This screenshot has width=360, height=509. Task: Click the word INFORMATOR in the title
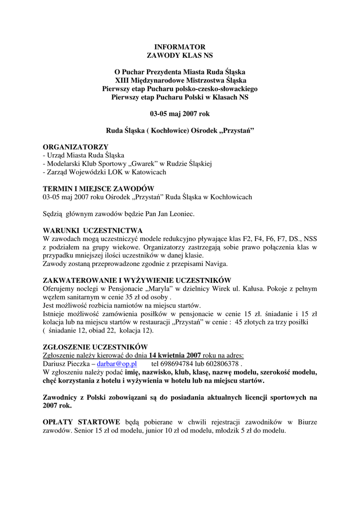click(180, 46)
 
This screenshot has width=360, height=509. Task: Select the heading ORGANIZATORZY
click(76, 148)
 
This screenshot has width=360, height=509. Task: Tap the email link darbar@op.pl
click(117, 363)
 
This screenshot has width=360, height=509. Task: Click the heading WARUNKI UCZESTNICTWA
click(92, 231)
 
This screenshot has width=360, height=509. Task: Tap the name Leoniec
click(181, 214)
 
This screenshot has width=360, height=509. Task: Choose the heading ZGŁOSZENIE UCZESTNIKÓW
click(95, 347)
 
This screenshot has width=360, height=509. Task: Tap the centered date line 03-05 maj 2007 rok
click(180, 113)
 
